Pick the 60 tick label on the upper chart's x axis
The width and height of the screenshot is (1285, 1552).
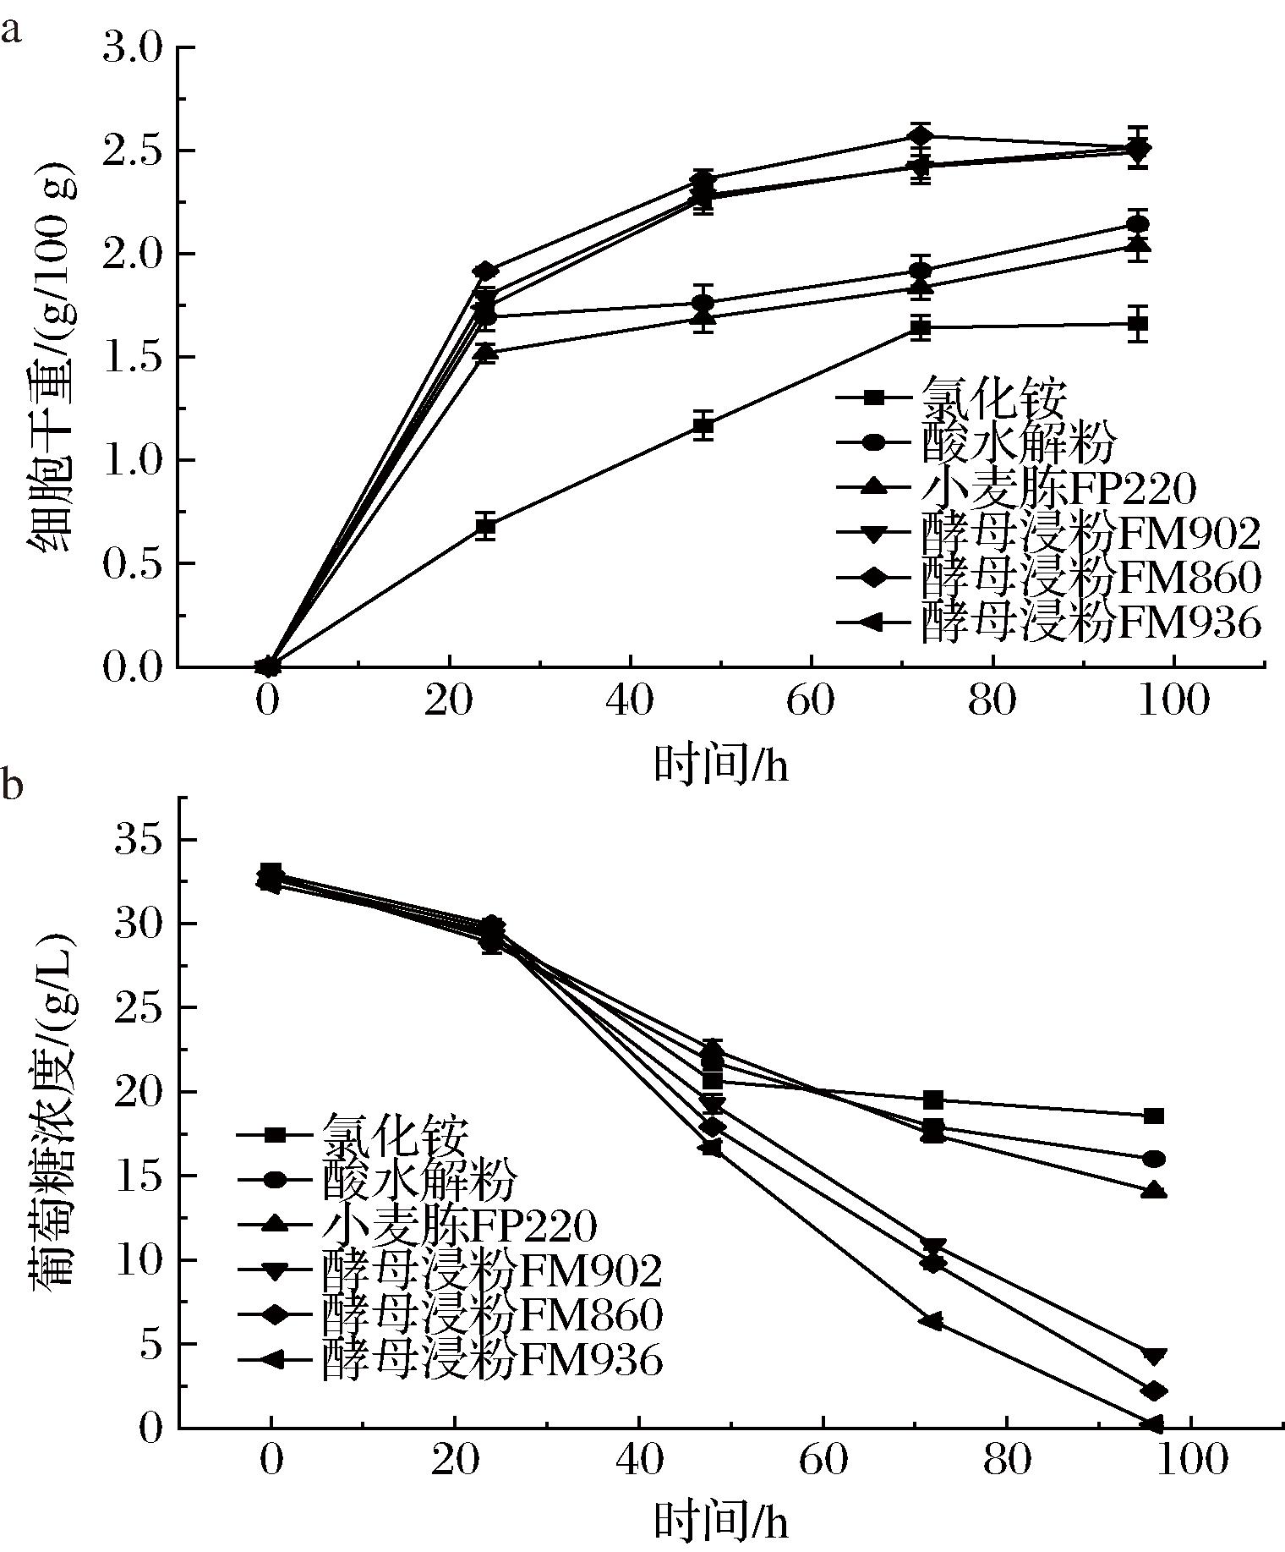coord(811,700)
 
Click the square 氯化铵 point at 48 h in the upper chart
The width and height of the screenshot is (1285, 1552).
coord(703,427)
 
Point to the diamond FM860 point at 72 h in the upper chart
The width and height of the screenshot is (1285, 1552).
coord(921,135)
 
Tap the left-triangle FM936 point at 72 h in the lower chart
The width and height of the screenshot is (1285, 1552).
coord(932,1322)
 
